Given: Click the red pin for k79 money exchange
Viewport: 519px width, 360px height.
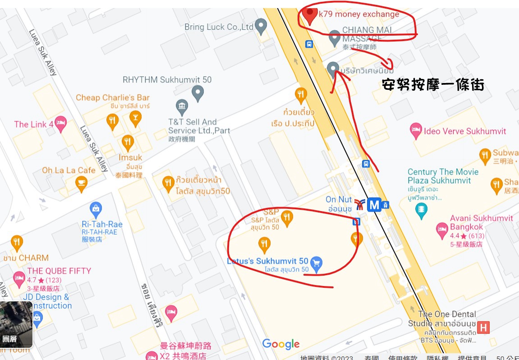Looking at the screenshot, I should click(309, 15).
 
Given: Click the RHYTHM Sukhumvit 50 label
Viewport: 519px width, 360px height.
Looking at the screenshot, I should click(167, 80).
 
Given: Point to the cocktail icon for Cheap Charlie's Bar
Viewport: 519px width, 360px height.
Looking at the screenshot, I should click(134, 118).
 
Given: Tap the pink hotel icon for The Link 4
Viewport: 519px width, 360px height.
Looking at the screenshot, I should click(61, 122).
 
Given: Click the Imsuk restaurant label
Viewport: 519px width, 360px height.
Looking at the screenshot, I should click(130, 157).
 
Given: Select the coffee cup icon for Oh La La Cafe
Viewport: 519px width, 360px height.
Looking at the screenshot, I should click(81, 183).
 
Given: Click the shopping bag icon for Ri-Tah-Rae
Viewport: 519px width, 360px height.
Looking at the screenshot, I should click(96, 209).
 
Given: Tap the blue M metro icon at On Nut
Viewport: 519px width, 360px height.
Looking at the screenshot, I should click(374, 205).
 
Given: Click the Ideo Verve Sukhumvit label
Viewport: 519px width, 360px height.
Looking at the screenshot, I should click(465, 131).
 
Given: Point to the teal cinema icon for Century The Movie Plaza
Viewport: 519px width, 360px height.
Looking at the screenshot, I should click(421, 209).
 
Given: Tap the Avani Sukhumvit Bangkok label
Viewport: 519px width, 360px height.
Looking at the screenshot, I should click(481, 222).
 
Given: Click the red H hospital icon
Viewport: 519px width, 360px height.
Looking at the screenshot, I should click(483, 327).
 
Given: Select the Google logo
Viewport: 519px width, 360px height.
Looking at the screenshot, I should click(281, 344).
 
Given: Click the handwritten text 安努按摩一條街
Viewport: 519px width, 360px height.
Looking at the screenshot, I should click(432, 85).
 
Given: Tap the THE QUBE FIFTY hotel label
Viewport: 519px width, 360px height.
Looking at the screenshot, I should click(59, 271).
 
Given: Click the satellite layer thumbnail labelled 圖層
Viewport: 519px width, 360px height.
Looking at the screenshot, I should click(16, 324).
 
